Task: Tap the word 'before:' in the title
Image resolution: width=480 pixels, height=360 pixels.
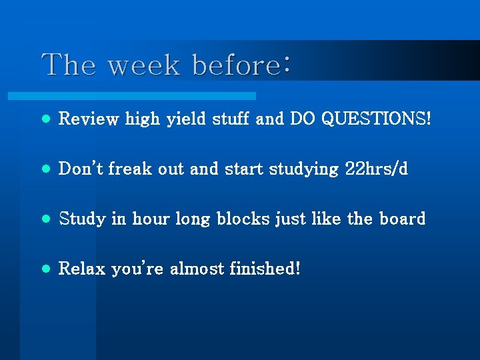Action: tap(241, 65)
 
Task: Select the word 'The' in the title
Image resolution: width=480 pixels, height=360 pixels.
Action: tap(69, 65)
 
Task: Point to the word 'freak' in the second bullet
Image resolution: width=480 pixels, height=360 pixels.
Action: tap(130, 169)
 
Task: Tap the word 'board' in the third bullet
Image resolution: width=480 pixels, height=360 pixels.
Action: tap(402, 219)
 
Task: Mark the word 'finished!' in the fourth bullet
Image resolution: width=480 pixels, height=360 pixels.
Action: tap(265, 269)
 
